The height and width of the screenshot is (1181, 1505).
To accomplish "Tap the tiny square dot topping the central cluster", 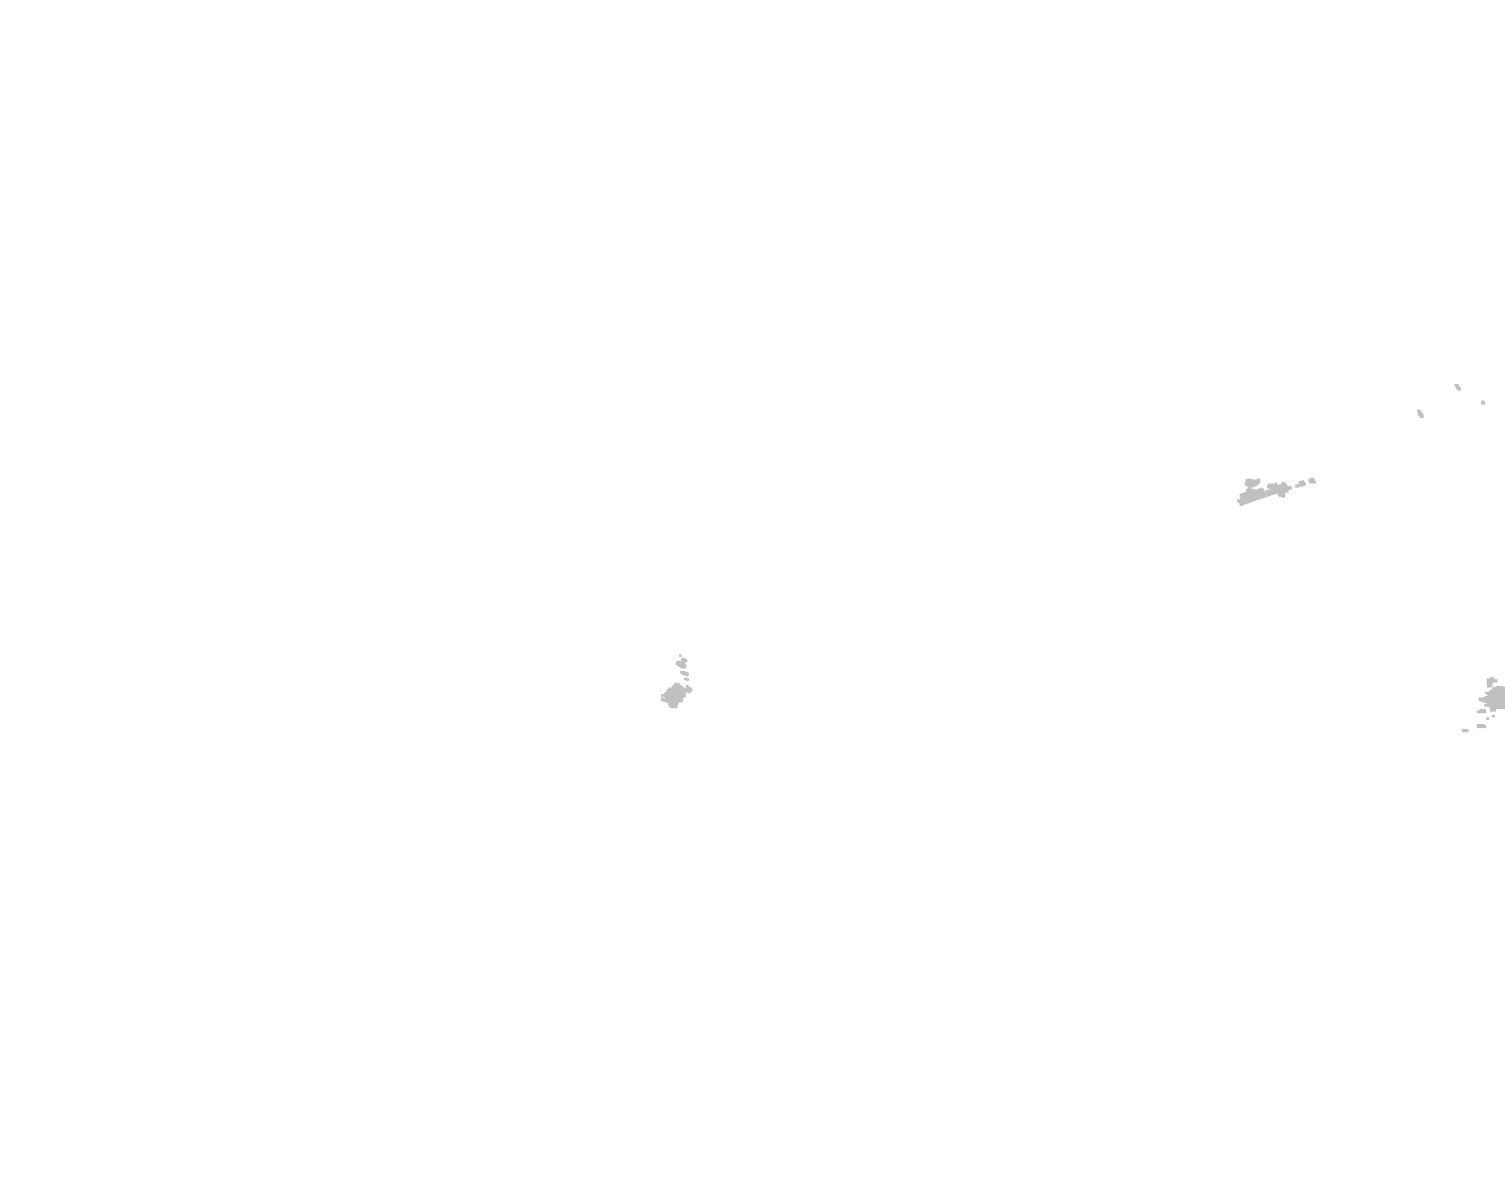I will (x=680, y=655).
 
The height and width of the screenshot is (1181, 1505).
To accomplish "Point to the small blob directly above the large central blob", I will (x=687, y=679).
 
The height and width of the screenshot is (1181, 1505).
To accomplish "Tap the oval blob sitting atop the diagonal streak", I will (x=1252, y=482).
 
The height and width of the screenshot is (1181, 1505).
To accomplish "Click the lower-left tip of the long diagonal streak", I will (x=1240, y=502).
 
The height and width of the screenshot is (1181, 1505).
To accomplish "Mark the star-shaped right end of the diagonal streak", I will (x=1283, y=488).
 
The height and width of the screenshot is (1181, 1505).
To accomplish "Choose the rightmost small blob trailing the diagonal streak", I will (x=1312, y=480).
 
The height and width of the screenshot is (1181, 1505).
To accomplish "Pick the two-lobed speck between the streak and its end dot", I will (x=1301, y=484).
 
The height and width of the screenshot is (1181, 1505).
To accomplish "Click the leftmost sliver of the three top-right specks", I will (x=1420, y=413).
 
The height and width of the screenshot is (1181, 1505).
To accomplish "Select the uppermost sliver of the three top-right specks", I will (x=1458, y=386).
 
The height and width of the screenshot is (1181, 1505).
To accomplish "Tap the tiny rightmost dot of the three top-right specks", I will (x=1483, y=403).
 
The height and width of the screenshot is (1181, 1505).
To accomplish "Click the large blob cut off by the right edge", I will (x=1497, y=698).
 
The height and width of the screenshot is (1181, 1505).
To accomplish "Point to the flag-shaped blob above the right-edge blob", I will (x=1491, y=682).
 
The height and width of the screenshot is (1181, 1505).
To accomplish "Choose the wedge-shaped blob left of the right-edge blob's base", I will (x=1482, y=712).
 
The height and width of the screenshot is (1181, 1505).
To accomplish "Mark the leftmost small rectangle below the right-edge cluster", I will (x=1465, y=731).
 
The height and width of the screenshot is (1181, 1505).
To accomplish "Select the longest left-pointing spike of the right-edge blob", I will (x=1482, y=699).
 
